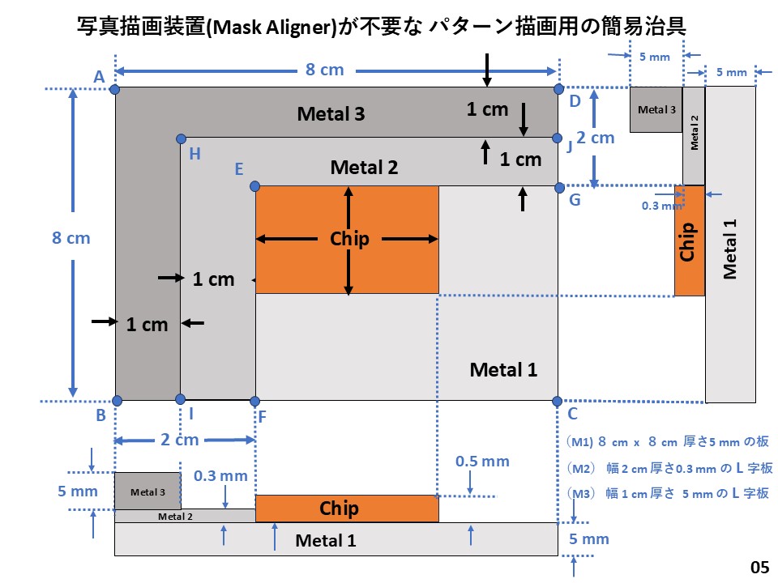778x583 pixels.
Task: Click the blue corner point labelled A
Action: pyautogui.click(x=115, y=88)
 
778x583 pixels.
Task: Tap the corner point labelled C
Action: pyautogui.click(x=558, y=401)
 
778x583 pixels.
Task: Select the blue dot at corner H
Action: pyautogui.click(x=180, y=139)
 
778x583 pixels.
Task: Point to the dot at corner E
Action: pyautogui.click(x=255, y=186)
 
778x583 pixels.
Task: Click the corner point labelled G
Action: pyautogui.click(x=558, y=187)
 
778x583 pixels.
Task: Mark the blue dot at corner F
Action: pyautogui.click(x=255, y=401)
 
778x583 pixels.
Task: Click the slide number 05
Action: pyautogui.click(x=759, y=567)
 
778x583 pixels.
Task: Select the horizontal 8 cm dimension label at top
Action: pyautogui.click(x=324, y=70)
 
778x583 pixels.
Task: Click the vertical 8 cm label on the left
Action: pyautogui.click(x=71, y=238)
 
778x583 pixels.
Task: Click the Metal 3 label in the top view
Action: pyautogui.click(x=331, y=114)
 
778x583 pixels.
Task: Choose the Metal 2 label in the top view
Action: pyautogui.click(x=364, y=168)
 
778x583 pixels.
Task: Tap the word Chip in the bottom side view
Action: pyautogui.click(x=339, y=509)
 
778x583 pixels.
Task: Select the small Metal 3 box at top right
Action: pyautogui.click(x=656, y=109)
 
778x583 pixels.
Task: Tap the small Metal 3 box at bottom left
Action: pyautogui.click(x=147, y=491)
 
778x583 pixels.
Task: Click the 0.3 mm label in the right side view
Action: pyautogui.click(x=657, y=206)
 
